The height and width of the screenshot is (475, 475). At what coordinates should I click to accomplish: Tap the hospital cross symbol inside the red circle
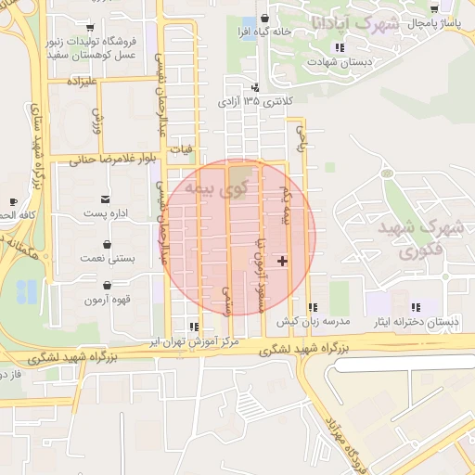click(283, 262)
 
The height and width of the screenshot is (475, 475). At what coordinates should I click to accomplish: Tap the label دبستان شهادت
click(344, 61)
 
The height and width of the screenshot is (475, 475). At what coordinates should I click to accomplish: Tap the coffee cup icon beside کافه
click(13, 201)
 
